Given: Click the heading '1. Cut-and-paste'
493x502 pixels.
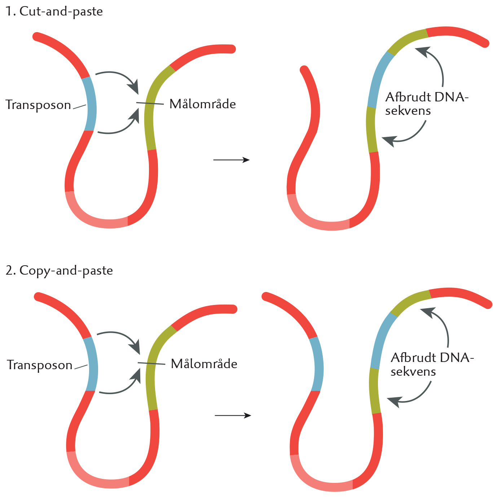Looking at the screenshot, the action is point(54,12).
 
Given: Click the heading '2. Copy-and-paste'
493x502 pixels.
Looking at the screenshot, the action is point(60,271).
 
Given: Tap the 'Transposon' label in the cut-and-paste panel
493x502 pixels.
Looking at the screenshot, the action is point(38,105).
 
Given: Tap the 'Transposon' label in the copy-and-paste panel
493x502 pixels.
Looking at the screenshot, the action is point(40,365).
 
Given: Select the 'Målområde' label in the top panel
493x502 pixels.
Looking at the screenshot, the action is point(203,104).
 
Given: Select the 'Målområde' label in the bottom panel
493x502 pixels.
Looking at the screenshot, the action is point(204,363).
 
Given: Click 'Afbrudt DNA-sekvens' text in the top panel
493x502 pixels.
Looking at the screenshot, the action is point(427,104).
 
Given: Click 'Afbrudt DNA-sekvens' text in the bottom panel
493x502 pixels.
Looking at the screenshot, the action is point(432,364).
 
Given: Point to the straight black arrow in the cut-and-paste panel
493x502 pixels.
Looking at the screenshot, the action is point(231,160).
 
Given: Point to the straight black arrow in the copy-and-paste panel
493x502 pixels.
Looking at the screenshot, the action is point(233,415).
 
